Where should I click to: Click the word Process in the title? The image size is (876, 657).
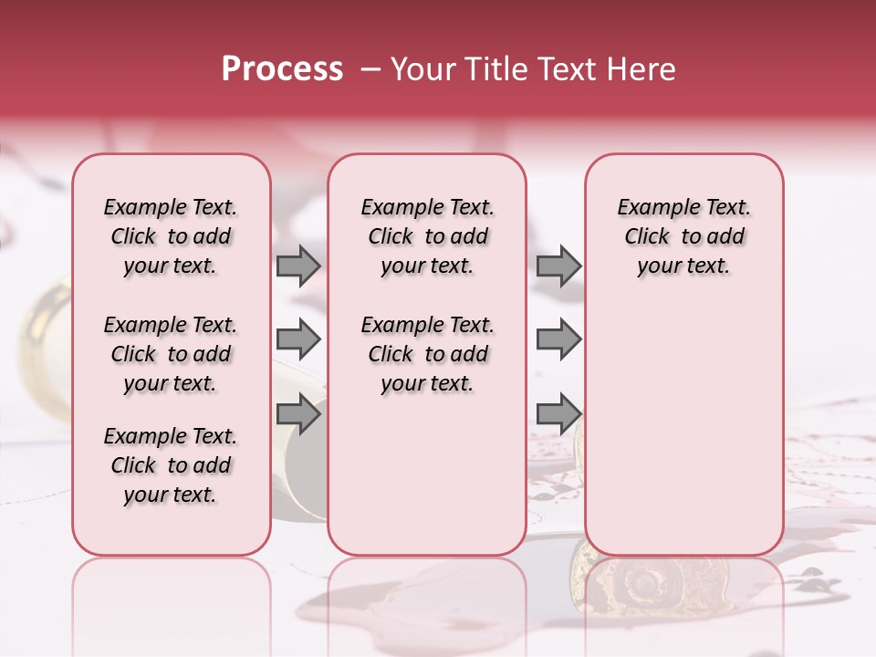pyautogui.click(x=282, y=69)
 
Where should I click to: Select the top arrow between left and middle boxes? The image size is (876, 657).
pyautogui.click(x=298, y=266)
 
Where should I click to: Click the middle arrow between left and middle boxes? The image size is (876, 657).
pyautogui.click(x=298, y=339)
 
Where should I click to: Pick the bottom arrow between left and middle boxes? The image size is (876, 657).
pyautogui.click(x=298, y=413)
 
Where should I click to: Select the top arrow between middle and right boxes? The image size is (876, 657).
pyautogui.click(x=558, y=266)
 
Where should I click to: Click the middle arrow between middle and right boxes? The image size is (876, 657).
pyautogui.click(x=558, y=339)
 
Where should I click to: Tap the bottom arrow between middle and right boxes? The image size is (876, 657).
pyautogui.click(x=558, y=413)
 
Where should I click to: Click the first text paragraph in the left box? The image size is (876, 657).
pyautogui.click(x=171, y=236)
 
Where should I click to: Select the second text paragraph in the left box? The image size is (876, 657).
pyautogui.click(x=171, y=354)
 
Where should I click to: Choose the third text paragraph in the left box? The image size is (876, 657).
pyautogui.click(x=171, y=465)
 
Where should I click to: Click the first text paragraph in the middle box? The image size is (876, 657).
pyautogui.click(x=427, y=236)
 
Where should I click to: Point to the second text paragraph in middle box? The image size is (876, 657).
pyautogui.click(x=427, y=354)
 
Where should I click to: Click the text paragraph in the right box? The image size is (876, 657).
pyautogui.click(x=683, y=236)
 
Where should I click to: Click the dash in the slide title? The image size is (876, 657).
pyautogui.click(x=369, y=69)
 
